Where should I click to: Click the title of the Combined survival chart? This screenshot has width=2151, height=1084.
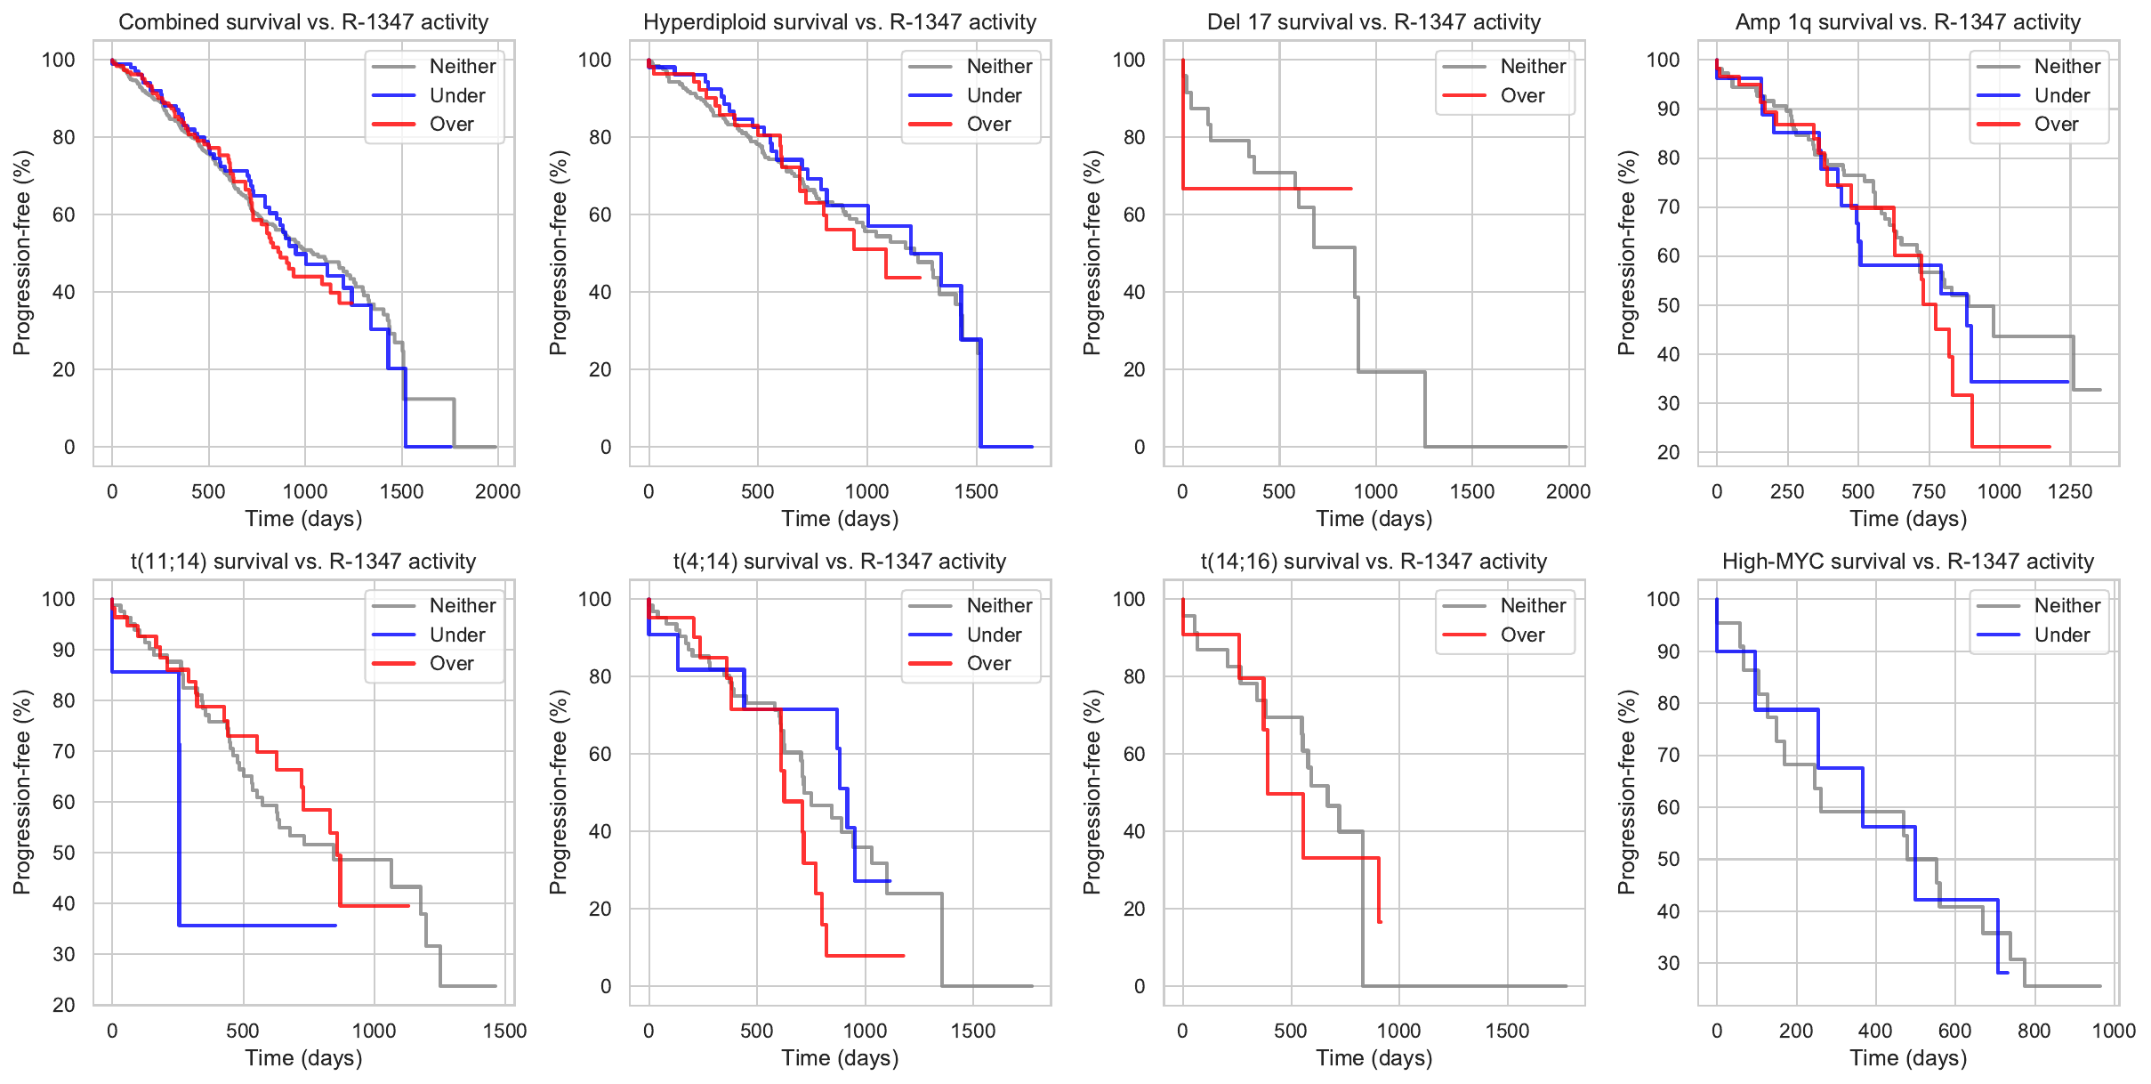click(303, 22)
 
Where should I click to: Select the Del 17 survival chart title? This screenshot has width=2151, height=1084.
click(1374, 22)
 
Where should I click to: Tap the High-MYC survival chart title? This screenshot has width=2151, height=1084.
click(1907, 562)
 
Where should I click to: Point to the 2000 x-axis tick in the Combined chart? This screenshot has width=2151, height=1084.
click(497, 491)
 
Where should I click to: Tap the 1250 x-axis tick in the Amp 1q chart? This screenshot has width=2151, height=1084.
click(2069, 491)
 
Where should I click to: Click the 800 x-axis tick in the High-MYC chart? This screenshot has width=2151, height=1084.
click(2034, 1031)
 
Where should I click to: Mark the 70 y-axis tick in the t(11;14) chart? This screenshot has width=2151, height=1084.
click(64, 751)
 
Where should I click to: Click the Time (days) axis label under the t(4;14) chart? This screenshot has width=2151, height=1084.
click(840, 1057)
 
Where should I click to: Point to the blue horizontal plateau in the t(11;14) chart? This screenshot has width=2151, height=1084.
click(257, 926)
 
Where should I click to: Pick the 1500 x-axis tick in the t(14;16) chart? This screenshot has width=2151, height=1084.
click(1507, 1031)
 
